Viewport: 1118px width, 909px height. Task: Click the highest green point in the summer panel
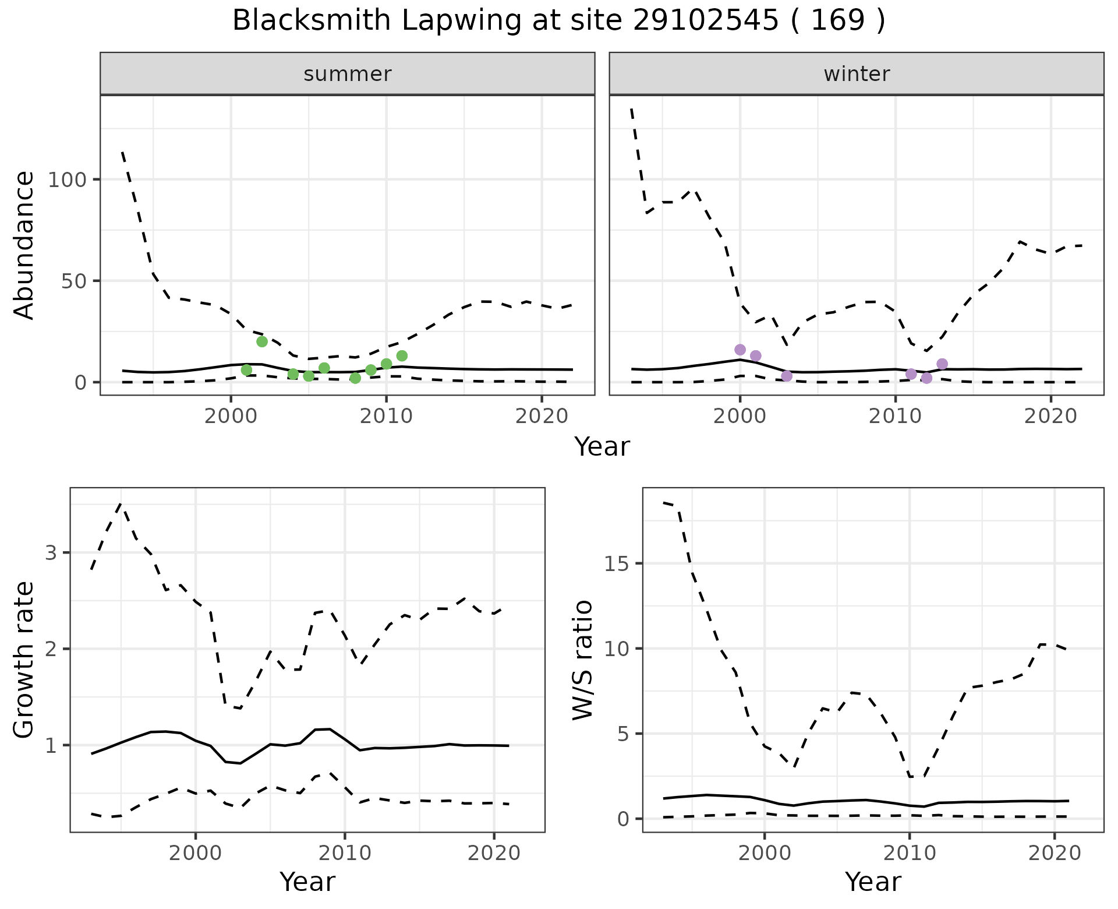click(x=262, y=341)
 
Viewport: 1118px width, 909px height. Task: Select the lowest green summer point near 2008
click(x=355, y=378)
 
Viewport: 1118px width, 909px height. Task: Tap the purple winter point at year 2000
click(x=740, y=350)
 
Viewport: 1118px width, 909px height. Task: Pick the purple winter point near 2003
click(x=787, y=376)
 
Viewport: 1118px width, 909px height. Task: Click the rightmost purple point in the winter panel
click(x=942, y=364)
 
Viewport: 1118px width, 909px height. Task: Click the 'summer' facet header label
click(x=348, y=74)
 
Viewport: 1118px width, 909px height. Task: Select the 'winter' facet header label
click(x=857, y=74)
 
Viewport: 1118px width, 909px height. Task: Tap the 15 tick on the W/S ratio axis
click(x=617, y=563)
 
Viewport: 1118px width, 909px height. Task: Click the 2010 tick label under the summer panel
click(x=386, y=417)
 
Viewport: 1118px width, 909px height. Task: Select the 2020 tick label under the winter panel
click(x=1050, y=417)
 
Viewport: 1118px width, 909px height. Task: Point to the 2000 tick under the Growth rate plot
click(x=196, y=854)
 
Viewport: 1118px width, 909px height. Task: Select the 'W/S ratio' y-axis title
click(x=582, y=660)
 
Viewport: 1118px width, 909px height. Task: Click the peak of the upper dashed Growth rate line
click(x=121, y=503)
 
